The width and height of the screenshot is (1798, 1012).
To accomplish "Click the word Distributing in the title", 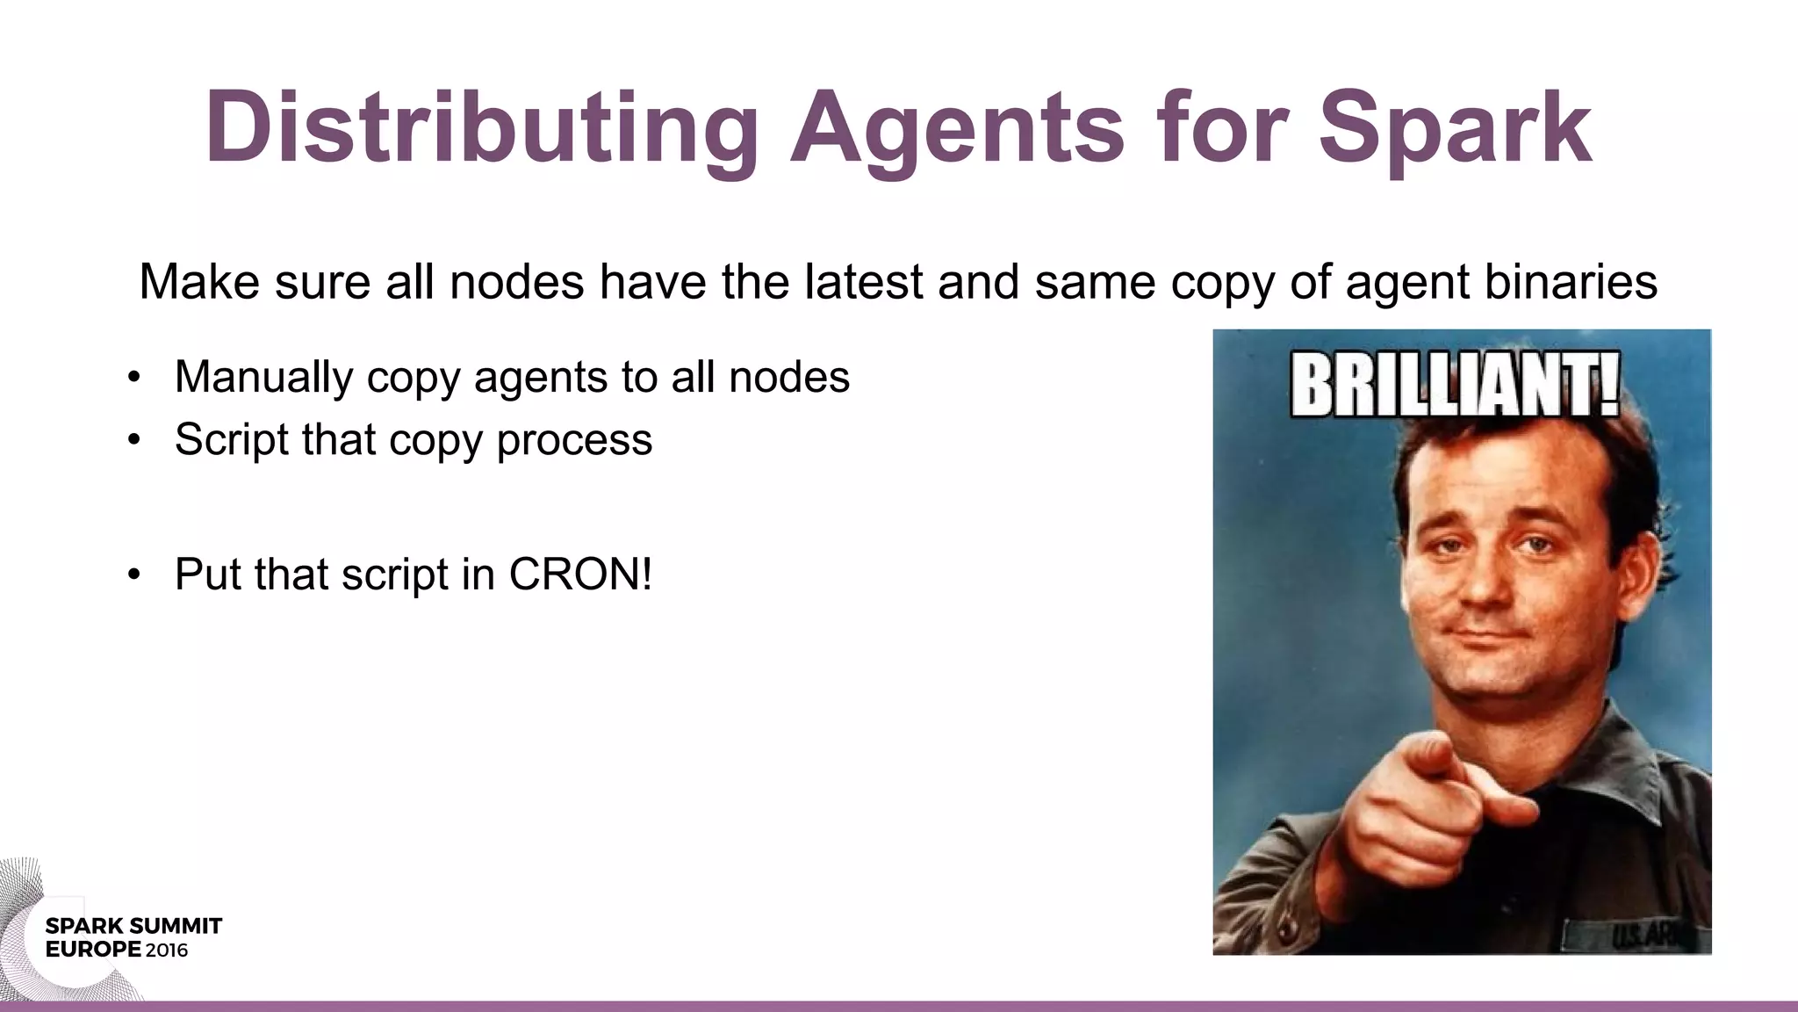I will [x=481, y=128].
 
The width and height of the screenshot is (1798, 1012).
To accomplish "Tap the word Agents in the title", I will [x=957, y=128].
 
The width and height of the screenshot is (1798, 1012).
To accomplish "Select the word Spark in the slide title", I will [x=1455, y=128].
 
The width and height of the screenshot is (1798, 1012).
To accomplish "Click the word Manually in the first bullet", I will [x=263, y=378].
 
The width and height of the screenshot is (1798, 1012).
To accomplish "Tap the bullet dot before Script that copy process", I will [x=133, y=440].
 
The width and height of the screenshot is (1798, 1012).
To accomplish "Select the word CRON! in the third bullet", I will [x=580, y=575].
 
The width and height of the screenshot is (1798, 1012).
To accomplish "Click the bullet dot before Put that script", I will [x=133, y=575].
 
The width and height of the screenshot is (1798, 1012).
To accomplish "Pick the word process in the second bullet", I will [x=574, y=440].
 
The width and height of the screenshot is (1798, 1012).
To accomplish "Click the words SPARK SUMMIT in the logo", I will [x=133, y=926].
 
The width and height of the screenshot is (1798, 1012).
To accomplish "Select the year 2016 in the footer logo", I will [x=167, y=950].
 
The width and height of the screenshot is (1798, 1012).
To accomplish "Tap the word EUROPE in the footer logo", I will [x=93, y=950].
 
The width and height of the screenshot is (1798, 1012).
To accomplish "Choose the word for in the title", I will [x=1221, y=128].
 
